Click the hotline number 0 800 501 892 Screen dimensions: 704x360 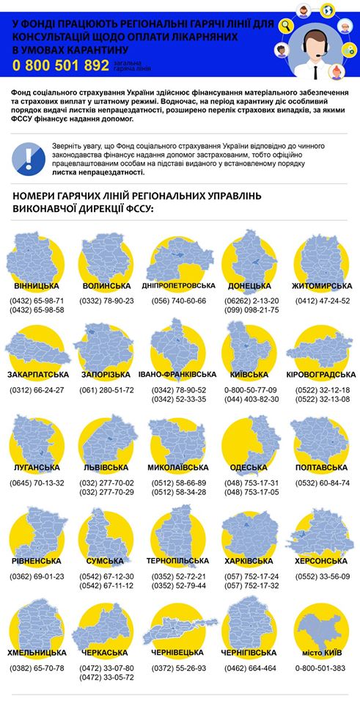point(60,65)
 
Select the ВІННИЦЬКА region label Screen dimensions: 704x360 point(36,285)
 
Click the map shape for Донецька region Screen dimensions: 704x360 point(251,257)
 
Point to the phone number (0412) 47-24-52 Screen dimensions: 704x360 point(323,301)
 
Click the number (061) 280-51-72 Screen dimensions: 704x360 point(107,390)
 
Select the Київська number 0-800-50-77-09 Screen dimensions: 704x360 point(251,390)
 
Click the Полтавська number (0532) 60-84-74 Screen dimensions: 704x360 point(323,483)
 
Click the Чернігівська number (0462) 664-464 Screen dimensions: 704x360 point(250,668)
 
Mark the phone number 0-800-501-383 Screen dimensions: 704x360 point(323,668)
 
